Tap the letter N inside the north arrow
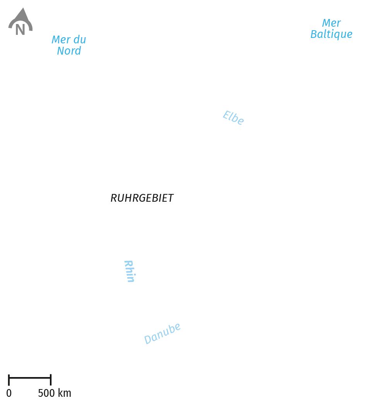(20, 29)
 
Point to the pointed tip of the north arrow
(23, 8)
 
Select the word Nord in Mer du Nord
(69, 51)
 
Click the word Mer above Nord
(61, 39)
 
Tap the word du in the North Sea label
(80, 39)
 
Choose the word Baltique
(331, 34)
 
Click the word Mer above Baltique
(331, 23)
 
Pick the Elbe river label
(233, 117)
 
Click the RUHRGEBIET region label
(142, 198)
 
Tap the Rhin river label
(130, 271)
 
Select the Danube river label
(162, 333)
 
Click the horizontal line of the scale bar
(30, 377)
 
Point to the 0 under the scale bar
(9, 393)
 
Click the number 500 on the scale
(46, 393)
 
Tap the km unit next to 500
(65, 393)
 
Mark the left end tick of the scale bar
(9, 380)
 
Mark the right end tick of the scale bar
(51, 380)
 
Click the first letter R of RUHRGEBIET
(114, 198)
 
